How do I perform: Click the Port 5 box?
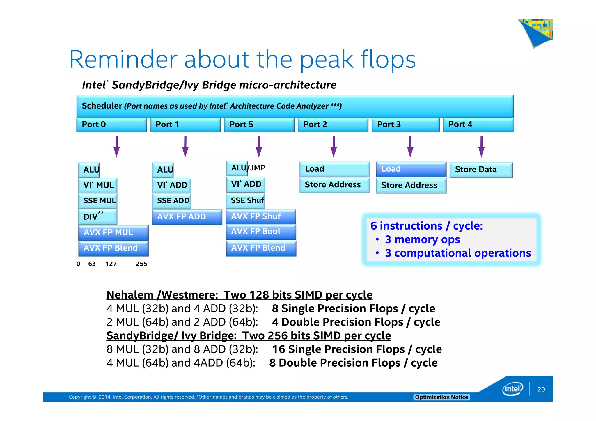pyautogui.click(x=259, y=125)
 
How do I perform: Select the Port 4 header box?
pyautogui.click(x=478, y=125)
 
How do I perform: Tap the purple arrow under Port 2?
pyautogui.click(x=334, y=146)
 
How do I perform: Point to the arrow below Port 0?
pyautogui.click(x=116, y=146)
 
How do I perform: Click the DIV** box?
pyautogui.click(x=97, y=216)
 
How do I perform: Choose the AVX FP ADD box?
pyautogui.click(x=187, y=217)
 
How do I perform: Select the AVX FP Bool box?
pyautogui.click(x=261, y=232)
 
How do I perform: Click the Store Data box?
pyautogui.click(x=481, y=170)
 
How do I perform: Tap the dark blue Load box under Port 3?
pyautogui.click(x=411, y=169)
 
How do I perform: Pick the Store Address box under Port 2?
pyautogui.click(x=334, y=185)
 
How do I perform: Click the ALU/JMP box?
pyautogui.click(x=246, y=168)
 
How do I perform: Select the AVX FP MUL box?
pyautogui.click(x=113, y=232)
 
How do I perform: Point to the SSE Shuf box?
pyautogui.click(x=246, y=200)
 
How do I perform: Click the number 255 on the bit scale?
pyautogui.click(x=141, y=264)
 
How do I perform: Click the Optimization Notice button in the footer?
pyautogui.click(x=441, y=397)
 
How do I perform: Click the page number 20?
pyautogui.click(x=541, y=389)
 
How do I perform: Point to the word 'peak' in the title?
pyautogui.click(x=326, y=60)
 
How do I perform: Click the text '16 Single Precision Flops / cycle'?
pyautogui.click(x=357, y=349)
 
